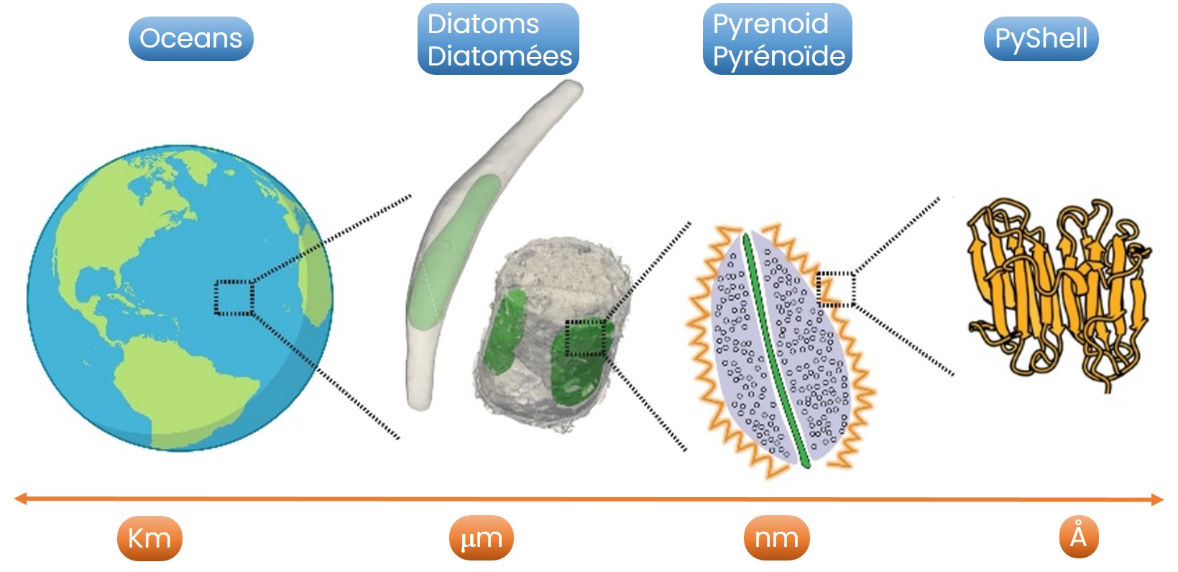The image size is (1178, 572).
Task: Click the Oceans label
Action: click(190, 39)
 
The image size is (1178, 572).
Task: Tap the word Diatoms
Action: click(483, 24)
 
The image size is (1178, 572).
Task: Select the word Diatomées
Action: click(500, 56)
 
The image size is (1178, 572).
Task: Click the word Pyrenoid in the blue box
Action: click(770, 24)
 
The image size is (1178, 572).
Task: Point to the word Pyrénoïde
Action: click(778, 56)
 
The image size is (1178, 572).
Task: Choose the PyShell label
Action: click(1041, 39)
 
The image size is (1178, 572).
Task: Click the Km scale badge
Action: click(149, 538)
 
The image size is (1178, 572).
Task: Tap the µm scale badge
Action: click(481, 538)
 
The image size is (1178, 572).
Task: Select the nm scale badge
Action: click(776, 538)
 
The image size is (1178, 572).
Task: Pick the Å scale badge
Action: click(1078, 537)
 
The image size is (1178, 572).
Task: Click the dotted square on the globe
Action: click(234, 298)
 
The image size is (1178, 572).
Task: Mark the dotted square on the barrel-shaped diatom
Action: click(584, 338)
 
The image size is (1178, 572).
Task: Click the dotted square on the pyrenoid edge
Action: click(836, 289)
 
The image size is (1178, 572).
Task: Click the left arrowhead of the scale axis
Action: click(20, 499)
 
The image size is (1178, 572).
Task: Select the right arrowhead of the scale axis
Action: click(1157, 499)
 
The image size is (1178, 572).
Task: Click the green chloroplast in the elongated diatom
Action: click(453, 252)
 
